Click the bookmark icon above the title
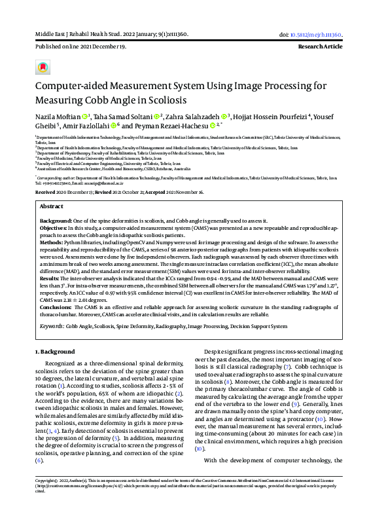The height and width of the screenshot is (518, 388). pyautogui.click(x=43, y=67)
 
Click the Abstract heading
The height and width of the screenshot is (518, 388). pyautogui.click(x=51, y=205)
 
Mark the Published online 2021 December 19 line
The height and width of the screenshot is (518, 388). pyautogui.click(x=80, y=48)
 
